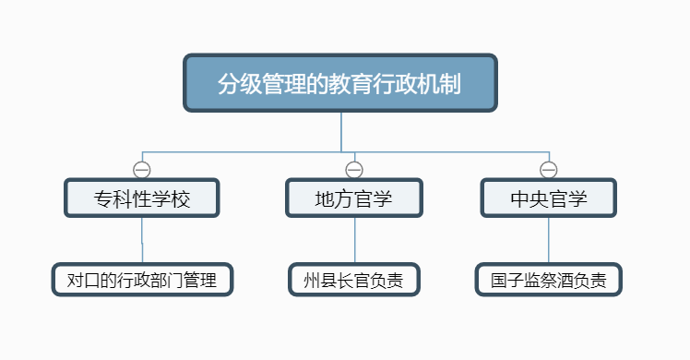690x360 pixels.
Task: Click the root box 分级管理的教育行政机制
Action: [340, 83]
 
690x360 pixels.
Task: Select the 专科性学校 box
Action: [142, 198]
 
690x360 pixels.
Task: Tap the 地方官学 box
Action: [354, 198]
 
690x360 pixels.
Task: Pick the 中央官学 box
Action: [548, 198]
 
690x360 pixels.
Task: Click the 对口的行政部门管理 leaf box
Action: [142, 280]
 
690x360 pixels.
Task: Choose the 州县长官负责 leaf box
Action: [354, 280]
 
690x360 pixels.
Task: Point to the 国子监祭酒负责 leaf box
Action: [548, 280]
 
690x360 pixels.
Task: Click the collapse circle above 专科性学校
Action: [142, 170]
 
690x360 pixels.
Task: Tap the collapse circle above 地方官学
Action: [354, 170]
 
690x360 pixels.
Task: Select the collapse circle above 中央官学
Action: [548, 170]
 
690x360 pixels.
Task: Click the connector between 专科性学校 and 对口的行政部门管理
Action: [142, 240]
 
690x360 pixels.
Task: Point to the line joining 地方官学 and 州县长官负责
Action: [354, 240]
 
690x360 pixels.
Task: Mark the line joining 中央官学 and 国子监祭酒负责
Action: [548, 240]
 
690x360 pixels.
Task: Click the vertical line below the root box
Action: [341, 132]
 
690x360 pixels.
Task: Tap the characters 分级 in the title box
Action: [240, 83]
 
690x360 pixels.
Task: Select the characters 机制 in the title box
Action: [439, 83]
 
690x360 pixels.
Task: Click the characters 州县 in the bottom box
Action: [320, 280]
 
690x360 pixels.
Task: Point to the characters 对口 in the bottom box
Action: [83, 280]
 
